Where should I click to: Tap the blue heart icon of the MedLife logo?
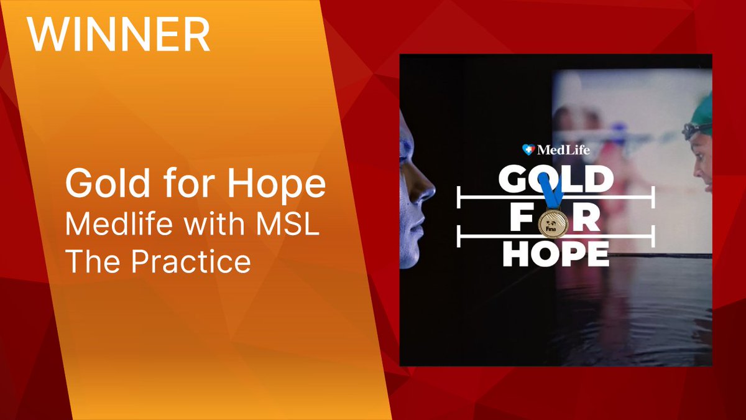coord(528,150)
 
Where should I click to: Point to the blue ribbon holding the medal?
coord(550,190)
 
